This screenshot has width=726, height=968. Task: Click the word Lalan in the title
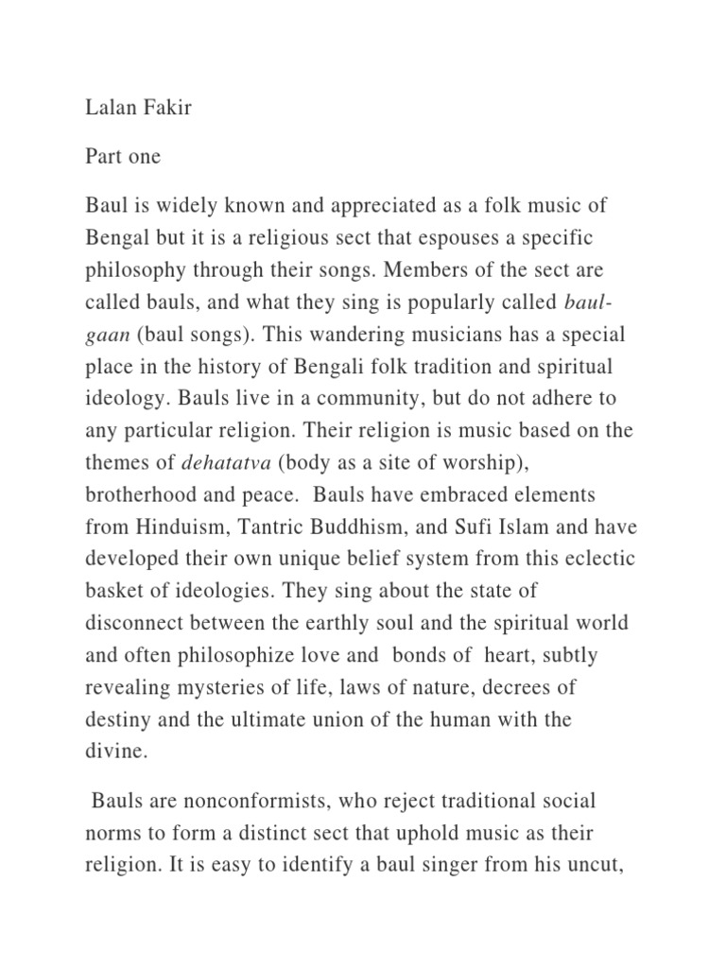[112, 107]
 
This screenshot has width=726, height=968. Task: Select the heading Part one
[123, 156]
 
